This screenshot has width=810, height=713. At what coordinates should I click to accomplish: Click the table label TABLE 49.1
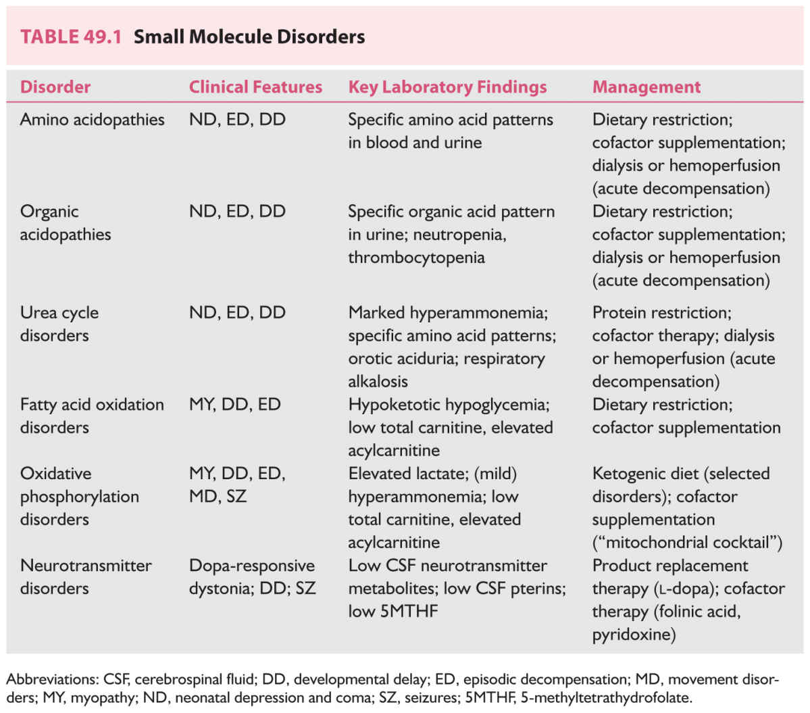click(x=70, y=36)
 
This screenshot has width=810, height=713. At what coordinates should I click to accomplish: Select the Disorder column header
click(x=55, y=87)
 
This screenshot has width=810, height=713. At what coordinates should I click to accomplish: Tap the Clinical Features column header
click(x=255, y=87)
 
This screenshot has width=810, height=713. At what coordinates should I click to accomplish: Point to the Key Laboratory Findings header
click(x=447, y=87)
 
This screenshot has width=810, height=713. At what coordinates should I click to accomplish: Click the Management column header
click(x=646, y=87)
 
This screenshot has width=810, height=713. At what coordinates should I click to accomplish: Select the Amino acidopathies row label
click(x=92, y=120)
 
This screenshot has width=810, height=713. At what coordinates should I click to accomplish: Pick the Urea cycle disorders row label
click(x=59, y=324)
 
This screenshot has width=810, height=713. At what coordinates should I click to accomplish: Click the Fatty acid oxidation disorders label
click(x=92, y=416)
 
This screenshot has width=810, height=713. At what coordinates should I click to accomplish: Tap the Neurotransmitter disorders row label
click(x=86, y=576)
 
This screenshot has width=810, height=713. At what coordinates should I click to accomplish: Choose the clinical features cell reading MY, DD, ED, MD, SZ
click(x=237, y=485)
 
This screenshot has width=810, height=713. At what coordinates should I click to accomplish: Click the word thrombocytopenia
click(x=416, y=257)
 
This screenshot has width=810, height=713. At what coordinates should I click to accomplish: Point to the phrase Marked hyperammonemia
click(x=447, y=313)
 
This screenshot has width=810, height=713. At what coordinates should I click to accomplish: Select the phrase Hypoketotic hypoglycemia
click(x=449, y=405)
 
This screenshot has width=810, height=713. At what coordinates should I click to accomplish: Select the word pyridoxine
click(x=634, y=635)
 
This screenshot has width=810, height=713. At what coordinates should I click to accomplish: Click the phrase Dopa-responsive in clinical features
click(x=251, y=566)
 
